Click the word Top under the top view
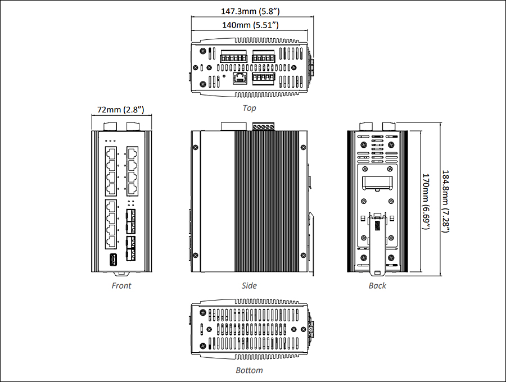(249, 108)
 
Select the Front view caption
(121, 285)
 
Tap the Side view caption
(249, 285)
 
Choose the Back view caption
(377, 285)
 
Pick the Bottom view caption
(249, 370)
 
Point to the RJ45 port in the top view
(240, 78)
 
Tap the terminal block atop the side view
(263, 127)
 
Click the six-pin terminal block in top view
(233, 58)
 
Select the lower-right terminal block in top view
(263, 78)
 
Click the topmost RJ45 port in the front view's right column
(133, 153)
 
